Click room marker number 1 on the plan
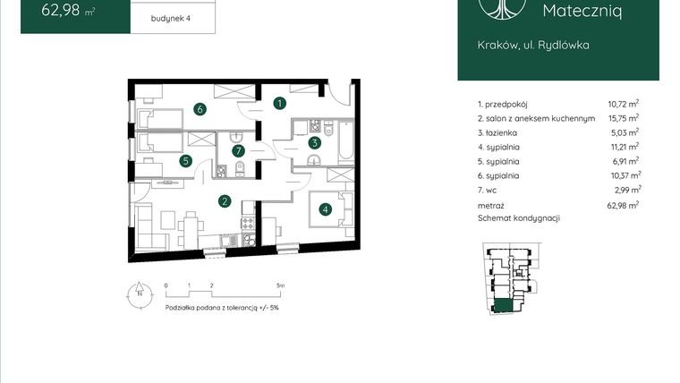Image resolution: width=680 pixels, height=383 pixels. pyautogui.click(x=280, y=104)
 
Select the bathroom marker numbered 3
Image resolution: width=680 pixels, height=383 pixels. pyautogui.click(x=315, y=142)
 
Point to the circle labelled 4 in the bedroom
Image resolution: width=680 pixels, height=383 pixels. pyautogui.click(x=326, y=210)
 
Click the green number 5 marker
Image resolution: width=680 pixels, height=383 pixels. pyautogui.click(x=185, y=161)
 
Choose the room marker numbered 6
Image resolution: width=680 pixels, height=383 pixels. pyautogui.click(x=201, y=109)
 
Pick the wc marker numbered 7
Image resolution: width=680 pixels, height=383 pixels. pyautogui.click(x=239, y=150)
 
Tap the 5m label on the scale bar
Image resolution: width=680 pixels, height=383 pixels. pyautogui.click(x=280, y=285)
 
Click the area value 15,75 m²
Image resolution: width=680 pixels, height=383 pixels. pyautogui.click(x=623, y=118)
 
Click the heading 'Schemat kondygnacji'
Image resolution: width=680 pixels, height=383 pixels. pyautogui.click(x=519, y=219)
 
